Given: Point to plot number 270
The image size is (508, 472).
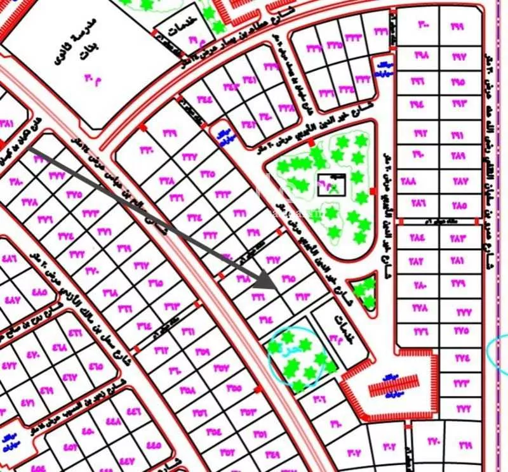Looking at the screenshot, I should [434, 441].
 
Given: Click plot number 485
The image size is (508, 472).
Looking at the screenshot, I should [39, 292].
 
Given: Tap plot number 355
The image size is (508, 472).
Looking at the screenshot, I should [233, 389].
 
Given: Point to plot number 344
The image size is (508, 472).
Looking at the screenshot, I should [204, 100].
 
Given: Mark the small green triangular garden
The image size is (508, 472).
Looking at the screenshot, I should [364, 292].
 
